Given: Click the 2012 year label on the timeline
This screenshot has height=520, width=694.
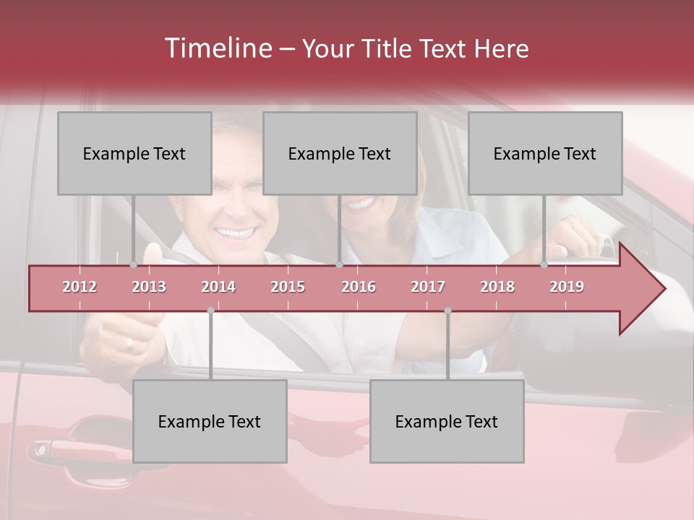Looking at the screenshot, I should coord(80,287).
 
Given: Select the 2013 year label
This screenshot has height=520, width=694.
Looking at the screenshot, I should coord(149,287).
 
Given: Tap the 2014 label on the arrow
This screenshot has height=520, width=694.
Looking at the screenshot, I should coord(218,287).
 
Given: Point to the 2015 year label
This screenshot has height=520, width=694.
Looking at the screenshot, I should coord(288,287).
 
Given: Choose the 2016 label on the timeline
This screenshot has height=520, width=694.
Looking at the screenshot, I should coord(359,287).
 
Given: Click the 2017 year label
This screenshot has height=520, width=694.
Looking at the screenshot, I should coord(428,287).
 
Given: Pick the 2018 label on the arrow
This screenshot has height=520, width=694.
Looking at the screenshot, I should coord(497,287).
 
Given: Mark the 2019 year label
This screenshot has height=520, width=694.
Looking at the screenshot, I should coord(567,287).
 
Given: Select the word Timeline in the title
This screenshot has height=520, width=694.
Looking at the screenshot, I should coord(217,48).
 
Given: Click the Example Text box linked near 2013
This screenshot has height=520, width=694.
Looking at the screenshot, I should coord(134,153).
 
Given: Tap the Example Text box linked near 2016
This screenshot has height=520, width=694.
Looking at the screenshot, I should coord(340,153).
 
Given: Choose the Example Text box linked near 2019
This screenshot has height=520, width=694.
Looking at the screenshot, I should coord(545,153).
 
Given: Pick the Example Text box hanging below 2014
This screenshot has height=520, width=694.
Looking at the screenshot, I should coord(210,422).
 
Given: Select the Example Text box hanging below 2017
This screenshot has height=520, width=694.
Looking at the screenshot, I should coord(447,422).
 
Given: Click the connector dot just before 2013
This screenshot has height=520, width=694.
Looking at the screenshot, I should coord(133,264).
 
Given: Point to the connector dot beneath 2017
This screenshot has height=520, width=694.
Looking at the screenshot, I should coord(447,311).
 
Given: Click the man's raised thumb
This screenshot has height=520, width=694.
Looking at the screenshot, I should coord(153,253).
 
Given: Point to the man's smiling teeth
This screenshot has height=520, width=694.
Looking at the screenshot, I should coord(237,233).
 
